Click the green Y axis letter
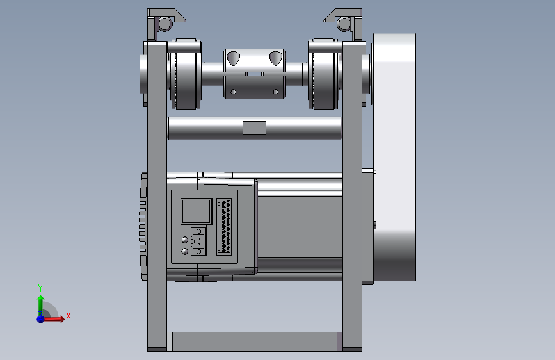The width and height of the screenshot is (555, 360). point(40,288)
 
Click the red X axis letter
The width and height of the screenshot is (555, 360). point(68,316)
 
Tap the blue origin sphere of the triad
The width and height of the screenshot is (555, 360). point(41,319)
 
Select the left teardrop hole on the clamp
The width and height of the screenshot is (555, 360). point(233,58)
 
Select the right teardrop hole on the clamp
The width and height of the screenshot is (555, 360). point(276,58)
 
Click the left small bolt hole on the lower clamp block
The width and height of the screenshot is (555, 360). point(233,92)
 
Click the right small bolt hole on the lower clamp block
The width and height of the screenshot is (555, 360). point(276,92)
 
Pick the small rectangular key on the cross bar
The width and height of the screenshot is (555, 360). point(254,127)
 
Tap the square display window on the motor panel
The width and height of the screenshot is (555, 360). point(196,211)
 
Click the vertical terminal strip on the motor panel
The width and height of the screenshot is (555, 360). point(224,226)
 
